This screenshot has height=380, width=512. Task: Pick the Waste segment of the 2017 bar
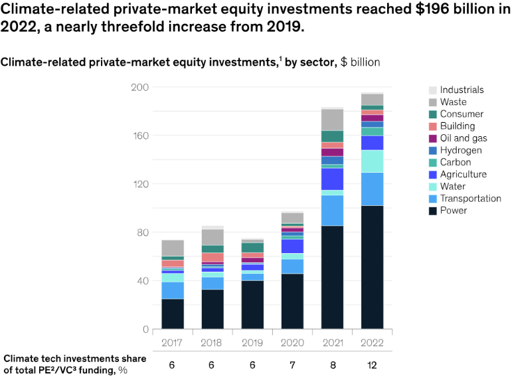point(173,248)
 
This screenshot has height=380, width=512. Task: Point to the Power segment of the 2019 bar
point(252,304)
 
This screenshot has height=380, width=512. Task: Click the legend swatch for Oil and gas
point(433,138)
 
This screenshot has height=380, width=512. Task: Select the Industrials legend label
point(462,90)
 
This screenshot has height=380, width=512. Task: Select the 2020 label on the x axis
point(292,343)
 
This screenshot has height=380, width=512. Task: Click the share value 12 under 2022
point(372,365)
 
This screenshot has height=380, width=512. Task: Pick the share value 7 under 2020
point(292,365)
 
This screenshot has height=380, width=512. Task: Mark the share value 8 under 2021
point(332,365)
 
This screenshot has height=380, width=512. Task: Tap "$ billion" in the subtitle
point(361,62)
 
